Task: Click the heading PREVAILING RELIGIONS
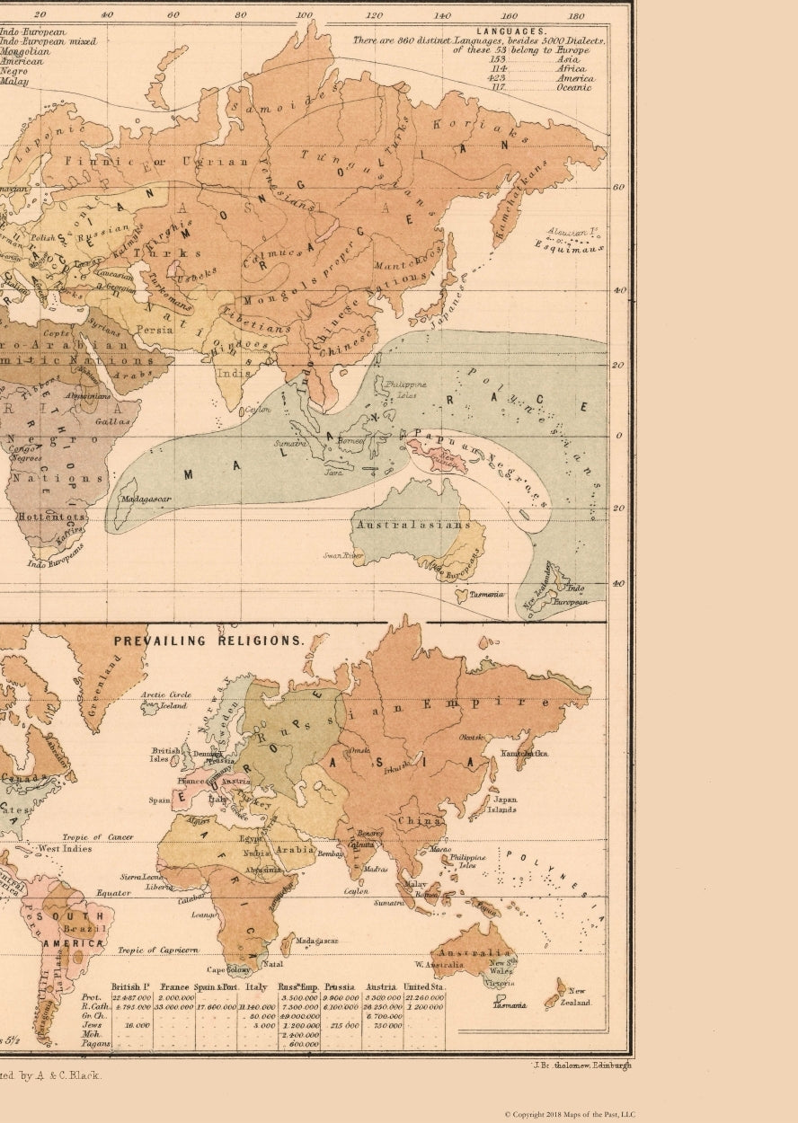click(x=208, y=641)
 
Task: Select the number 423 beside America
click(x=498, y=78)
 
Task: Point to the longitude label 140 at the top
click(x=442, y=15)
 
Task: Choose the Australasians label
click(x=412, y=525)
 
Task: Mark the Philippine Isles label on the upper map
click(x=401, y=389)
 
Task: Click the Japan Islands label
click(x=505, y=804)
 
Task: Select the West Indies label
click(x=65, y=848)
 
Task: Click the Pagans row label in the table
click(x=96, y=1044)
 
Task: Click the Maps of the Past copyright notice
click(x=569, y=1114)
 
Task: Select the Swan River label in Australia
click(x=342, y=556)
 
